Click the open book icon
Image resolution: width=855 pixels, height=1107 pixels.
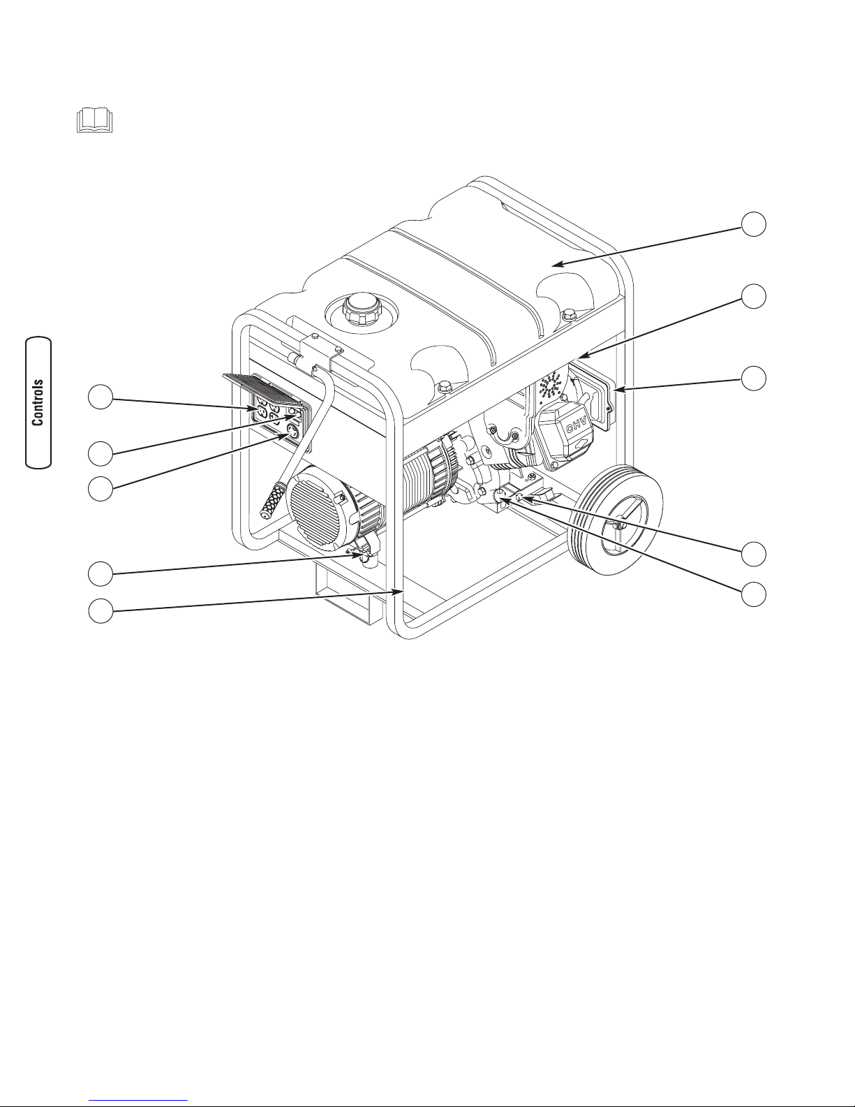pos(95,120)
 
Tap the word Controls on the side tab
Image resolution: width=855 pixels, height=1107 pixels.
pos(38,402)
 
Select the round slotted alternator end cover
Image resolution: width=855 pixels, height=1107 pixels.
pos(314,508)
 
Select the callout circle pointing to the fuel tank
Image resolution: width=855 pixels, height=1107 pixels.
pos(753,224)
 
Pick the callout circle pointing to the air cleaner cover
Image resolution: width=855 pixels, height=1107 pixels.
pos(753,378)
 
